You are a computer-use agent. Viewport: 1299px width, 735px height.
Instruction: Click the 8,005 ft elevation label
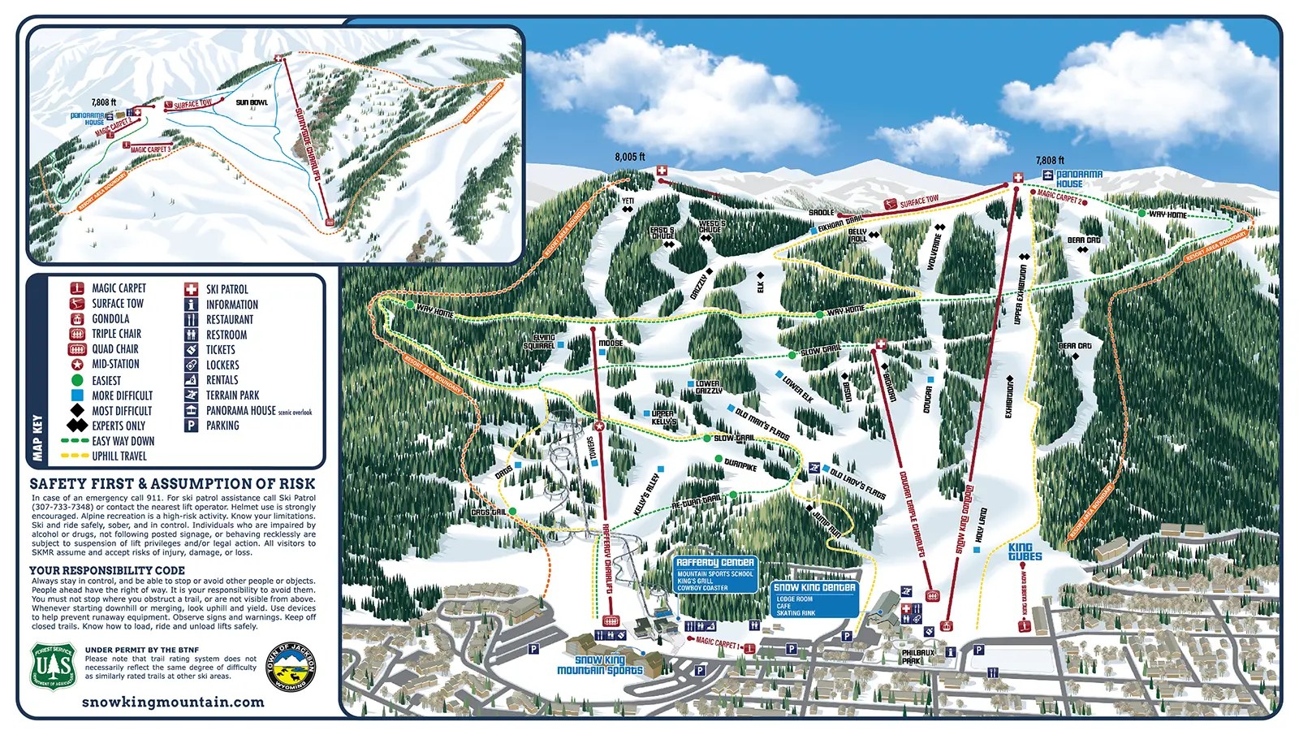[x=629, y=158]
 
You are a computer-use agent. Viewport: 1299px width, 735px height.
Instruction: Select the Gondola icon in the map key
[x=77, y=318]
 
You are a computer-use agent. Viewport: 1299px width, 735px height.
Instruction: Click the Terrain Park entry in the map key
[x=232, y=395]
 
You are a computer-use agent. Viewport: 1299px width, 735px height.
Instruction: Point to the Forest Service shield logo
[x=54, y=667]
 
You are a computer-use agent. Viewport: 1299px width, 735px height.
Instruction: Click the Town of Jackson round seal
[x=291, y=668]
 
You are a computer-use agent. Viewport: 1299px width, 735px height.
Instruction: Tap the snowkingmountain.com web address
[x=173, y=702]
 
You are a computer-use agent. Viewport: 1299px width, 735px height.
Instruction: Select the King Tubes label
[x=1025, y=551]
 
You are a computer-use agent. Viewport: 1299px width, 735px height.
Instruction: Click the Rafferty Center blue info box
[x=714, y=573]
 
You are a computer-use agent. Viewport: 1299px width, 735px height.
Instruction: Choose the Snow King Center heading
[x=814, y=587]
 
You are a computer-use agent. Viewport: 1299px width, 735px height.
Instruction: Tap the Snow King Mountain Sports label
[x=600, y=665]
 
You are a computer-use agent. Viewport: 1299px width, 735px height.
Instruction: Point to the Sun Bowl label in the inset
[x=252, y=102]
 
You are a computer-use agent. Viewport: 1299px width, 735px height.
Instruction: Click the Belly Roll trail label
[x=858, y=235]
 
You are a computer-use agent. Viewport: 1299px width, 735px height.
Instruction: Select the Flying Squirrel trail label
[x=545, y=341]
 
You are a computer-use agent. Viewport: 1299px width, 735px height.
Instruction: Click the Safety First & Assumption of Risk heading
[x=172, y=483]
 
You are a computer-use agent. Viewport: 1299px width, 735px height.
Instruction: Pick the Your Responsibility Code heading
[x=107, y=570]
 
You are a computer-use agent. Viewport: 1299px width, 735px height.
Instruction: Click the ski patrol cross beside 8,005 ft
[x=661, y=171]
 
